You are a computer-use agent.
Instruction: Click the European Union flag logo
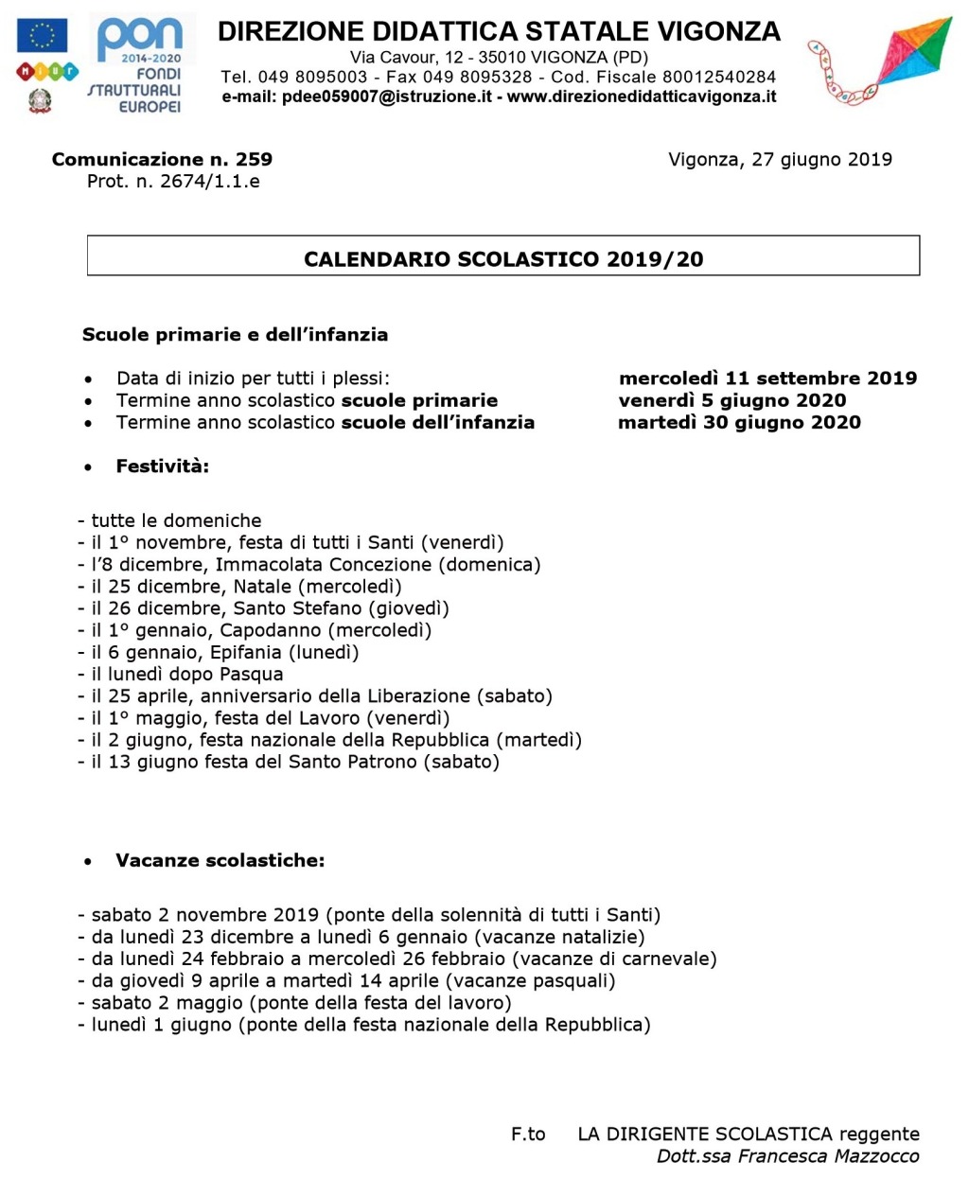pyautogui.click(x=43, y=36)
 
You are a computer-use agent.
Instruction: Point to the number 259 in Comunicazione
pyautogui.click(x=254, y=159)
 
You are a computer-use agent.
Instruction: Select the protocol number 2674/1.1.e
pyautogui.click(x=209, y=181)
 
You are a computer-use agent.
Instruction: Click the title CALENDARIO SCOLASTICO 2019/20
pyautogui.click(x=503, y=259)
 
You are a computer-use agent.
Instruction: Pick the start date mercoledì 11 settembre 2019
pyautogui.click(x=767, y=378)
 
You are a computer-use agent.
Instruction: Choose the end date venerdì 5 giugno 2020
pyautogui.click(x=731, y=400)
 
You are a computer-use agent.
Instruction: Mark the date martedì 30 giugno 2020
pyautogui.click(x=739, y=422)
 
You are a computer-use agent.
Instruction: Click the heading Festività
pyautogui.click(x=162, y=466)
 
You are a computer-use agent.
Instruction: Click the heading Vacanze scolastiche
pyautogui.click(x=220, y=860)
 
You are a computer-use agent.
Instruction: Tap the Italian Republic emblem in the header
pyautogui.click(x=40, y=100)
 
